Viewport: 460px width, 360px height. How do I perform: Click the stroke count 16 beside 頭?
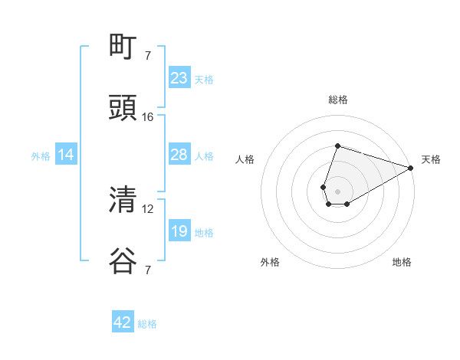[x=148, y=117]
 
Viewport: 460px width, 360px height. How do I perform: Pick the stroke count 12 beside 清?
[x=148, y=208]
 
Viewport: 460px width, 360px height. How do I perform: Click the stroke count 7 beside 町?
[x=148, y=55]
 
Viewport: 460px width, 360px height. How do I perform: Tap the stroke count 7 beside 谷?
[x=148, y=270]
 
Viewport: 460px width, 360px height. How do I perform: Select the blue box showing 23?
[x=179, y=78]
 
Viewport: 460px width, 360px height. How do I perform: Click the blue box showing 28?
[x=179, y=155]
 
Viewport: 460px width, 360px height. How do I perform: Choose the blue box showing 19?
[x=179, y=231]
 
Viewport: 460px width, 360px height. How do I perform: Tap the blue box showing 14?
[x=66, y=155]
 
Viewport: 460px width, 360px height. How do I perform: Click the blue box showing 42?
[x=123, y=322]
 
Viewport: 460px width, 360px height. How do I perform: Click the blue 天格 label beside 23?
[x=204, y=80]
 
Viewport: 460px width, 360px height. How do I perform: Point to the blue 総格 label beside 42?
[x=147, y=324]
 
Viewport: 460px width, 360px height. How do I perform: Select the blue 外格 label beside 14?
[x=41, y=156]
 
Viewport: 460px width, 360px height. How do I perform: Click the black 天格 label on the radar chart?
[x=431, y=159]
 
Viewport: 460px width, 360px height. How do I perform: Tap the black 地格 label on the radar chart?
[x=402, y=262]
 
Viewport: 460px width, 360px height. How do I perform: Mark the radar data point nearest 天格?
[x=411, y=168]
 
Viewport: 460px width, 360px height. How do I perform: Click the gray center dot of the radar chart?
[x=337, y=191]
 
